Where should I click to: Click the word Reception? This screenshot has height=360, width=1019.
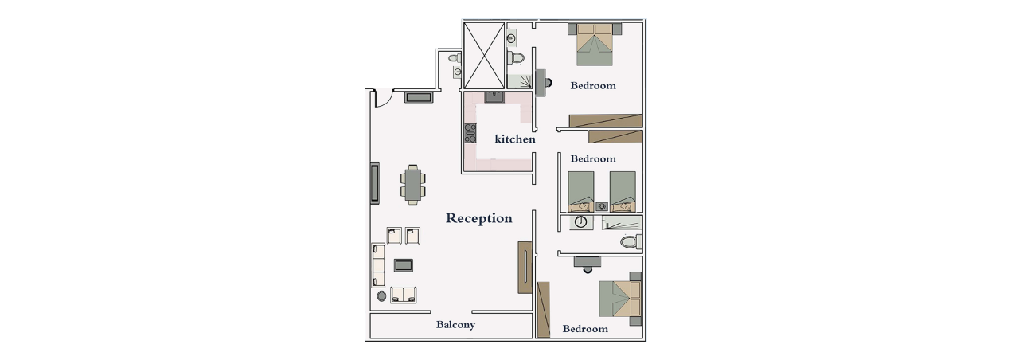tap(479, 219)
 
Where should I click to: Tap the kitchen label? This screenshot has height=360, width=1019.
tap(515, 139)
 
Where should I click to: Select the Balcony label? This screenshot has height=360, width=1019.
tap(455, 324)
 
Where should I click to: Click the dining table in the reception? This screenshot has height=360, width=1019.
tap(413, 184)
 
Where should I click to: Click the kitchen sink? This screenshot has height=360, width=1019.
tap(494, 96)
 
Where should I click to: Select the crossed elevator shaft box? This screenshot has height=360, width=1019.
tap(483, 55)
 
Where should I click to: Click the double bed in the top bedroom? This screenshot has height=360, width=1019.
tap(595, 45)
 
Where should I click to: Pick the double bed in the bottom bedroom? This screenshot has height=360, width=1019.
tap(620, 298)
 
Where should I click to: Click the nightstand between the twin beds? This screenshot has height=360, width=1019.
tap(602, 206)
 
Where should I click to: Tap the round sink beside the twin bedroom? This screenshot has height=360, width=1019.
tap(581, 222)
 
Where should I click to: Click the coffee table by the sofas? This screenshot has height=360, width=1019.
tap(403, 265)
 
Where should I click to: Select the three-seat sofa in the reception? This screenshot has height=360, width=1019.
tap(378, 265)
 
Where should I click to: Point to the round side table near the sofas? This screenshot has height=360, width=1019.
tap(381, 296)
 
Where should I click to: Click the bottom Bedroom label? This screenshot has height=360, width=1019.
tap(585, 329)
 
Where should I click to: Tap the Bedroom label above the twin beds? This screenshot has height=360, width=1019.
tap(593, 158)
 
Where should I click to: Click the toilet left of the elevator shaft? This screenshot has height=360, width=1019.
tap(454, 58)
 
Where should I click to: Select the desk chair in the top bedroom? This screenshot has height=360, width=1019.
tap(549, 82)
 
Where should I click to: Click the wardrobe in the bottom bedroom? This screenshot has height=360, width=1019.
tap(544, 310)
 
